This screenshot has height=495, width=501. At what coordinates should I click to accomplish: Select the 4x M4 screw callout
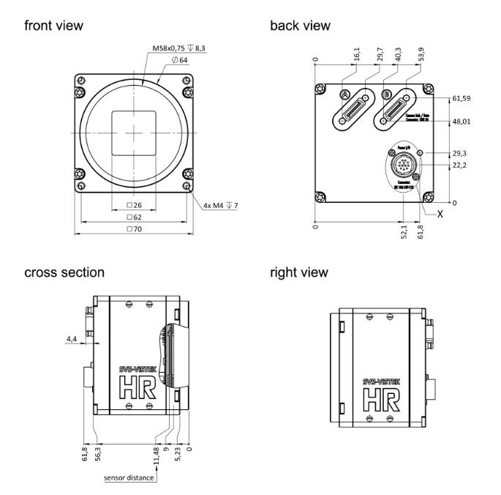tap(220, 205)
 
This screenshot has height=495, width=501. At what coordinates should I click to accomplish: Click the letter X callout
tap(441, 215)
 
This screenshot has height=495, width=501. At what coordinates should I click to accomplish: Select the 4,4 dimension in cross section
tap(70, 339)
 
